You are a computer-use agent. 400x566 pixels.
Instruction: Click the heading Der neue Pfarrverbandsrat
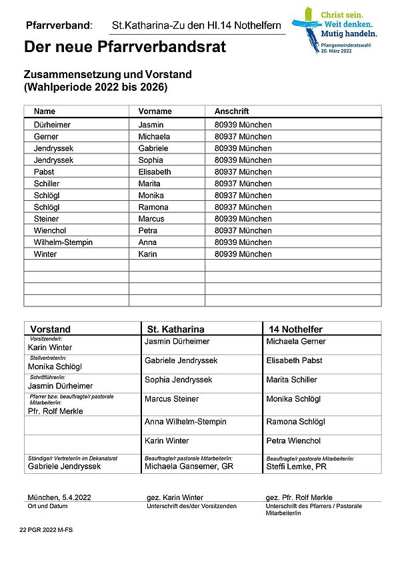pos(125,47)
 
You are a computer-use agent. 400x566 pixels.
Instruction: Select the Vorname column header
pos(155,111)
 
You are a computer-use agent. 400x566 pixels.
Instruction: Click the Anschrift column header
pos(231,111)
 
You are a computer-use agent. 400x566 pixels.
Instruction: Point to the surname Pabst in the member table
pos(44,172)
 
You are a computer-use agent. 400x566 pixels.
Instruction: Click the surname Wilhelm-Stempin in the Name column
pos(63,242)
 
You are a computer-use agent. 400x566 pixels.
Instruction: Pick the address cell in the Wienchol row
pos(243,231)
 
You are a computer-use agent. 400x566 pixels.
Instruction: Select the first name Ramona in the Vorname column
pos(153,208)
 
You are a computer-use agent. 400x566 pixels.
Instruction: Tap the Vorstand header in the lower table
pos(51,329)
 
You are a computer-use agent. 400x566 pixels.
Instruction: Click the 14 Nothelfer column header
pos(295,329)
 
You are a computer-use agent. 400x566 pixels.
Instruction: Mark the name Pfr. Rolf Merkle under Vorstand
pos(55,411)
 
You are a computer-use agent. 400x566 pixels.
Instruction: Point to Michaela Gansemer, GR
pos(189,467)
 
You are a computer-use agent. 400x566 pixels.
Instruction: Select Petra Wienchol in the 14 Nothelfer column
pos(293,441)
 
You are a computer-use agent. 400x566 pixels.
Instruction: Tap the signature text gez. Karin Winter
pos(175,498)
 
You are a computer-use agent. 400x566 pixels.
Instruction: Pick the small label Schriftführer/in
pos(49,377)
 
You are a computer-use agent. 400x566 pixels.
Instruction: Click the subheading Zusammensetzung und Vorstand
pos(107,74)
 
